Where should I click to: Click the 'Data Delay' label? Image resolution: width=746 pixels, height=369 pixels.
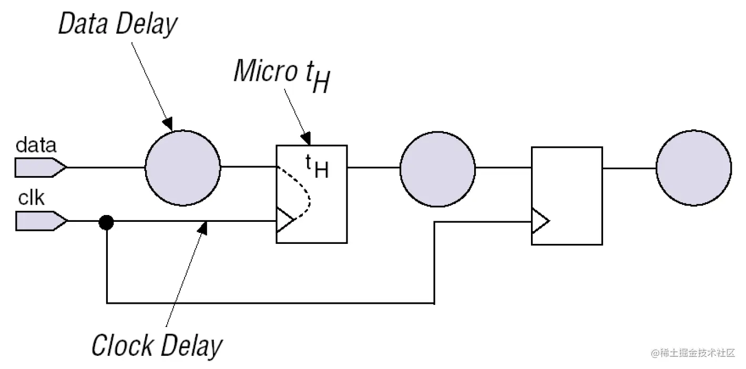[117, 25]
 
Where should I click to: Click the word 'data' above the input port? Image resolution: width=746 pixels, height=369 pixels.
[36, 145]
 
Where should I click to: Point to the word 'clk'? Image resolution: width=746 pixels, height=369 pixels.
[32, 199]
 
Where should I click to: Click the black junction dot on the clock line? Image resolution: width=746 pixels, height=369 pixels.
[106, 222]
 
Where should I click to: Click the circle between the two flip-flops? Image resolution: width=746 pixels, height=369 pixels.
[437, 168]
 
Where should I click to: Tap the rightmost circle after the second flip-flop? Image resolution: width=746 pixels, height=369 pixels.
[693, 168]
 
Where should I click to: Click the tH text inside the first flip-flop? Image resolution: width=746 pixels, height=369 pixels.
[317, 167]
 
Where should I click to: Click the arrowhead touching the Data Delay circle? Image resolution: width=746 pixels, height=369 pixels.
[168, 124]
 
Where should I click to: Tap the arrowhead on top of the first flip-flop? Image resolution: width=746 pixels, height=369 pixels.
[306, 139]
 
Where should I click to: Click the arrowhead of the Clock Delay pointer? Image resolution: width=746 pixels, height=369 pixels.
[204, 227]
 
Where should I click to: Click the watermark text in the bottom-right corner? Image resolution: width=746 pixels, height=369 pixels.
[692, 354]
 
